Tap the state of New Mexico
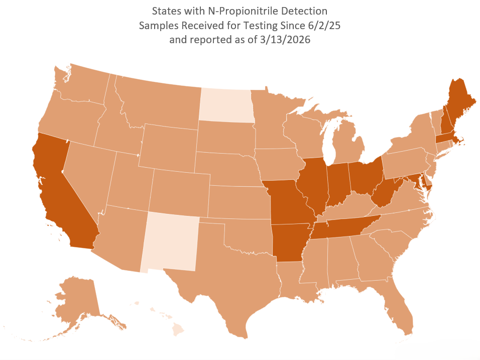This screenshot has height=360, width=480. pyautogui.click(x=170, y=241)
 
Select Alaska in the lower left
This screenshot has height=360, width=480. pyautogui.click(x=75, y=301)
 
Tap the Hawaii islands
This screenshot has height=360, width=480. pyautogui.click(x=178, y=329)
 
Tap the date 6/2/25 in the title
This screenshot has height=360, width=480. pyautogui.click(x=324, y=26)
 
